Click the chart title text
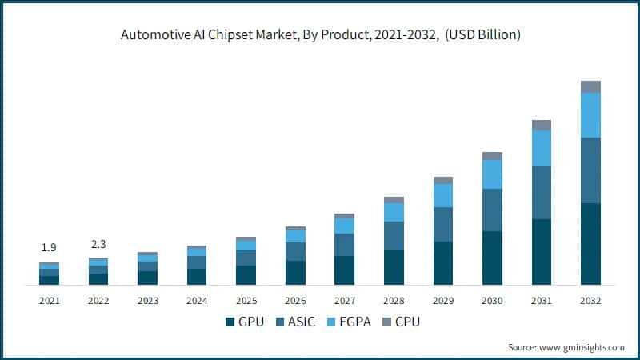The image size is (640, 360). [320, 34]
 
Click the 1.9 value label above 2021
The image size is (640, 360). [49, 248]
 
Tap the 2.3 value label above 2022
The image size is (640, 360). [98, 243]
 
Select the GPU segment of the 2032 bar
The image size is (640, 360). [590, 244]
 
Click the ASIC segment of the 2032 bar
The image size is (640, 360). [590, 170]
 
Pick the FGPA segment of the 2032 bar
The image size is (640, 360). [590, 115]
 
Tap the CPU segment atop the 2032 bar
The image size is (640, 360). [590, 86]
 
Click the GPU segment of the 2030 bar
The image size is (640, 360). [492, 258]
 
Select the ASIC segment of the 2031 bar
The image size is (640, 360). [542, 193]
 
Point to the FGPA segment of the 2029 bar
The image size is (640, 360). [442, 195]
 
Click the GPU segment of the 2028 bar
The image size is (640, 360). [394, 267]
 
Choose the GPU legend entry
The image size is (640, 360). [243, 322]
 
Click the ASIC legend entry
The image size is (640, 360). [294, 322]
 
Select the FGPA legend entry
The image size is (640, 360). [348, 322]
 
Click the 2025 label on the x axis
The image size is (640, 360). [246, 301]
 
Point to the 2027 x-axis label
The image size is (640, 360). [344, 301]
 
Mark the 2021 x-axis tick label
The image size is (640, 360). [49, 301]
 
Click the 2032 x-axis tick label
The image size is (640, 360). [590, 301]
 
